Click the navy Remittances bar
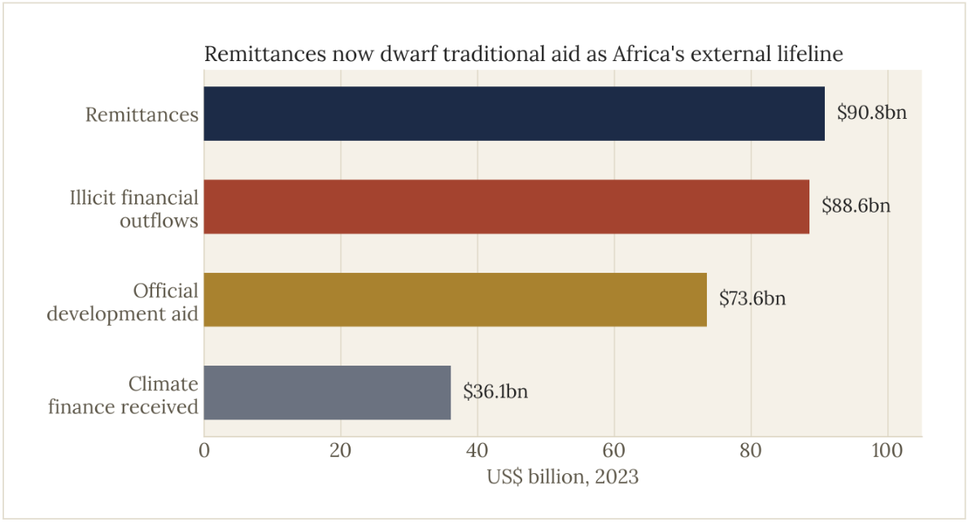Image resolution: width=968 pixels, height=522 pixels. coord(514,114)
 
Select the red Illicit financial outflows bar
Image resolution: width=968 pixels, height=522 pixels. coord(507,207)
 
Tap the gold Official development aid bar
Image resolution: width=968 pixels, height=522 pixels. coord(456,300)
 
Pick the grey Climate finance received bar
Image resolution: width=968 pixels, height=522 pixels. coord(327,393)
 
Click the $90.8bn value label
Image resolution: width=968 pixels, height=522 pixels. coord(872,112)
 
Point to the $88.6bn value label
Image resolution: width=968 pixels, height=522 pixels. coord(856,206)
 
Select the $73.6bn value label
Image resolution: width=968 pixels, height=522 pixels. coord(752,298)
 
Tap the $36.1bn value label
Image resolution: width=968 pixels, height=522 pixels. coord(495,392)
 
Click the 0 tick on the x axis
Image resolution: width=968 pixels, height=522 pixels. coord(204,450)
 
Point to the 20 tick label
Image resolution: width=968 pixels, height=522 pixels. coord(341,450)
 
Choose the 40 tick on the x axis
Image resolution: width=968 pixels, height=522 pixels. coord(477,450)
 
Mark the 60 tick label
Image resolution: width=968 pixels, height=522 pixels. coord(614,450)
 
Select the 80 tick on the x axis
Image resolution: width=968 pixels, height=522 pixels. coord(751,450)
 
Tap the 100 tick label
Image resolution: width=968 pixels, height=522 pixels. coord(887,450)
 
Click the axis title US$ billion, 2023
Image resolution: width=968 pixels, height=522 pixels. coord(562,477)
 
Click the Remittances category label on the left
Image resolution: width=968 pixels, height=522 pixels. coord(142,115)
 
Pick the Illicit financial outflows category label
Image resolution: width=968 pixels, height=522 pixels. coord(134,208)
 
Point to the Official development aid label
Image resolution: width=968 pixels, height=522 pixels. coord(123,302)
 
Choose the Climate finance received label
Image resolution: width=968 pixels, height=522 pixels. coord(124,395)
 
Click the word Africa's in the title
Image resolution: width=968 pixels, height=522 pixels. coord(648,55)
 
